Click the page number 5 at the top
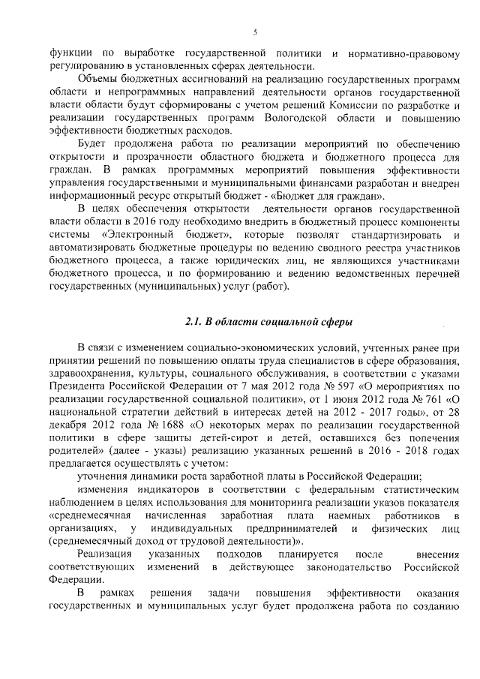255,32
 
